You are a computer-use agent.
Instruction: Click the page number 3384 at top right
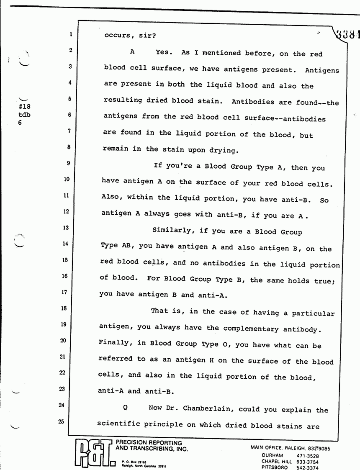[x=347, y=31]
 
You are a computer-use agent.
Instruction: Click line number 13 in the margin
[x=65, y=228]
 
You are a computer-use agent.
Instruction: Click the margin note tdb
[x=25, y=114]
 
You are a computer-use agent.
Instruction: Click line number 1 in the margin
[x=71, y=35]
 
